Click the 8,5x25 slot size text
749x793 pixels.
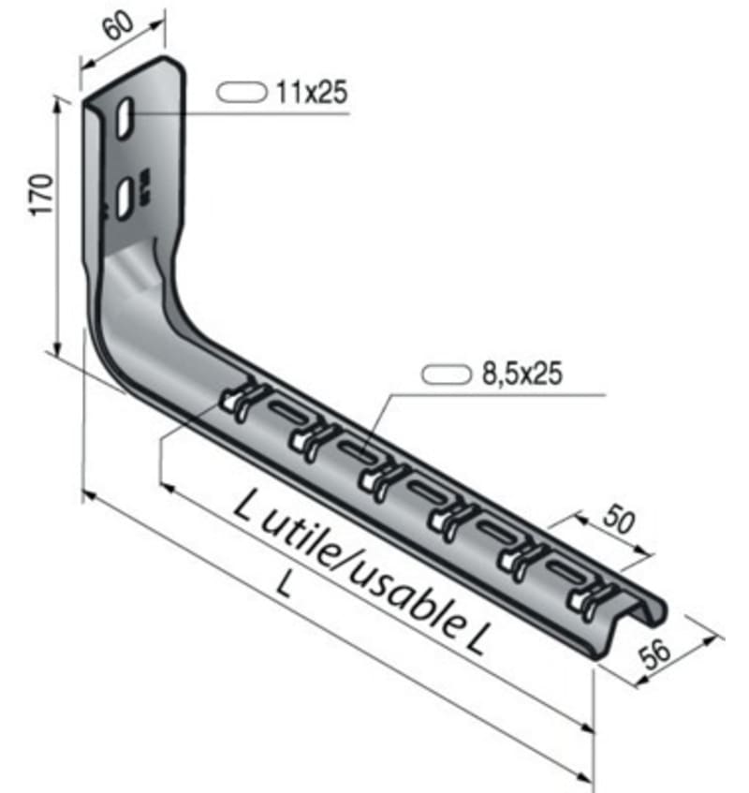coord(521,374)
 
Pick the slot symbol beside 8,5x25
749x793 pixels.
coord(444,374)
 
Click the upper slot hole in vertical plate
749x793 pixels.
coord(125,120)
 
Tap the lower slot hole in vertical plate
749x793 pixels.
coord(124,199)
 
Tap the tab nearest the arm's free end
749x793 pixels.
coord(588,599)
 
